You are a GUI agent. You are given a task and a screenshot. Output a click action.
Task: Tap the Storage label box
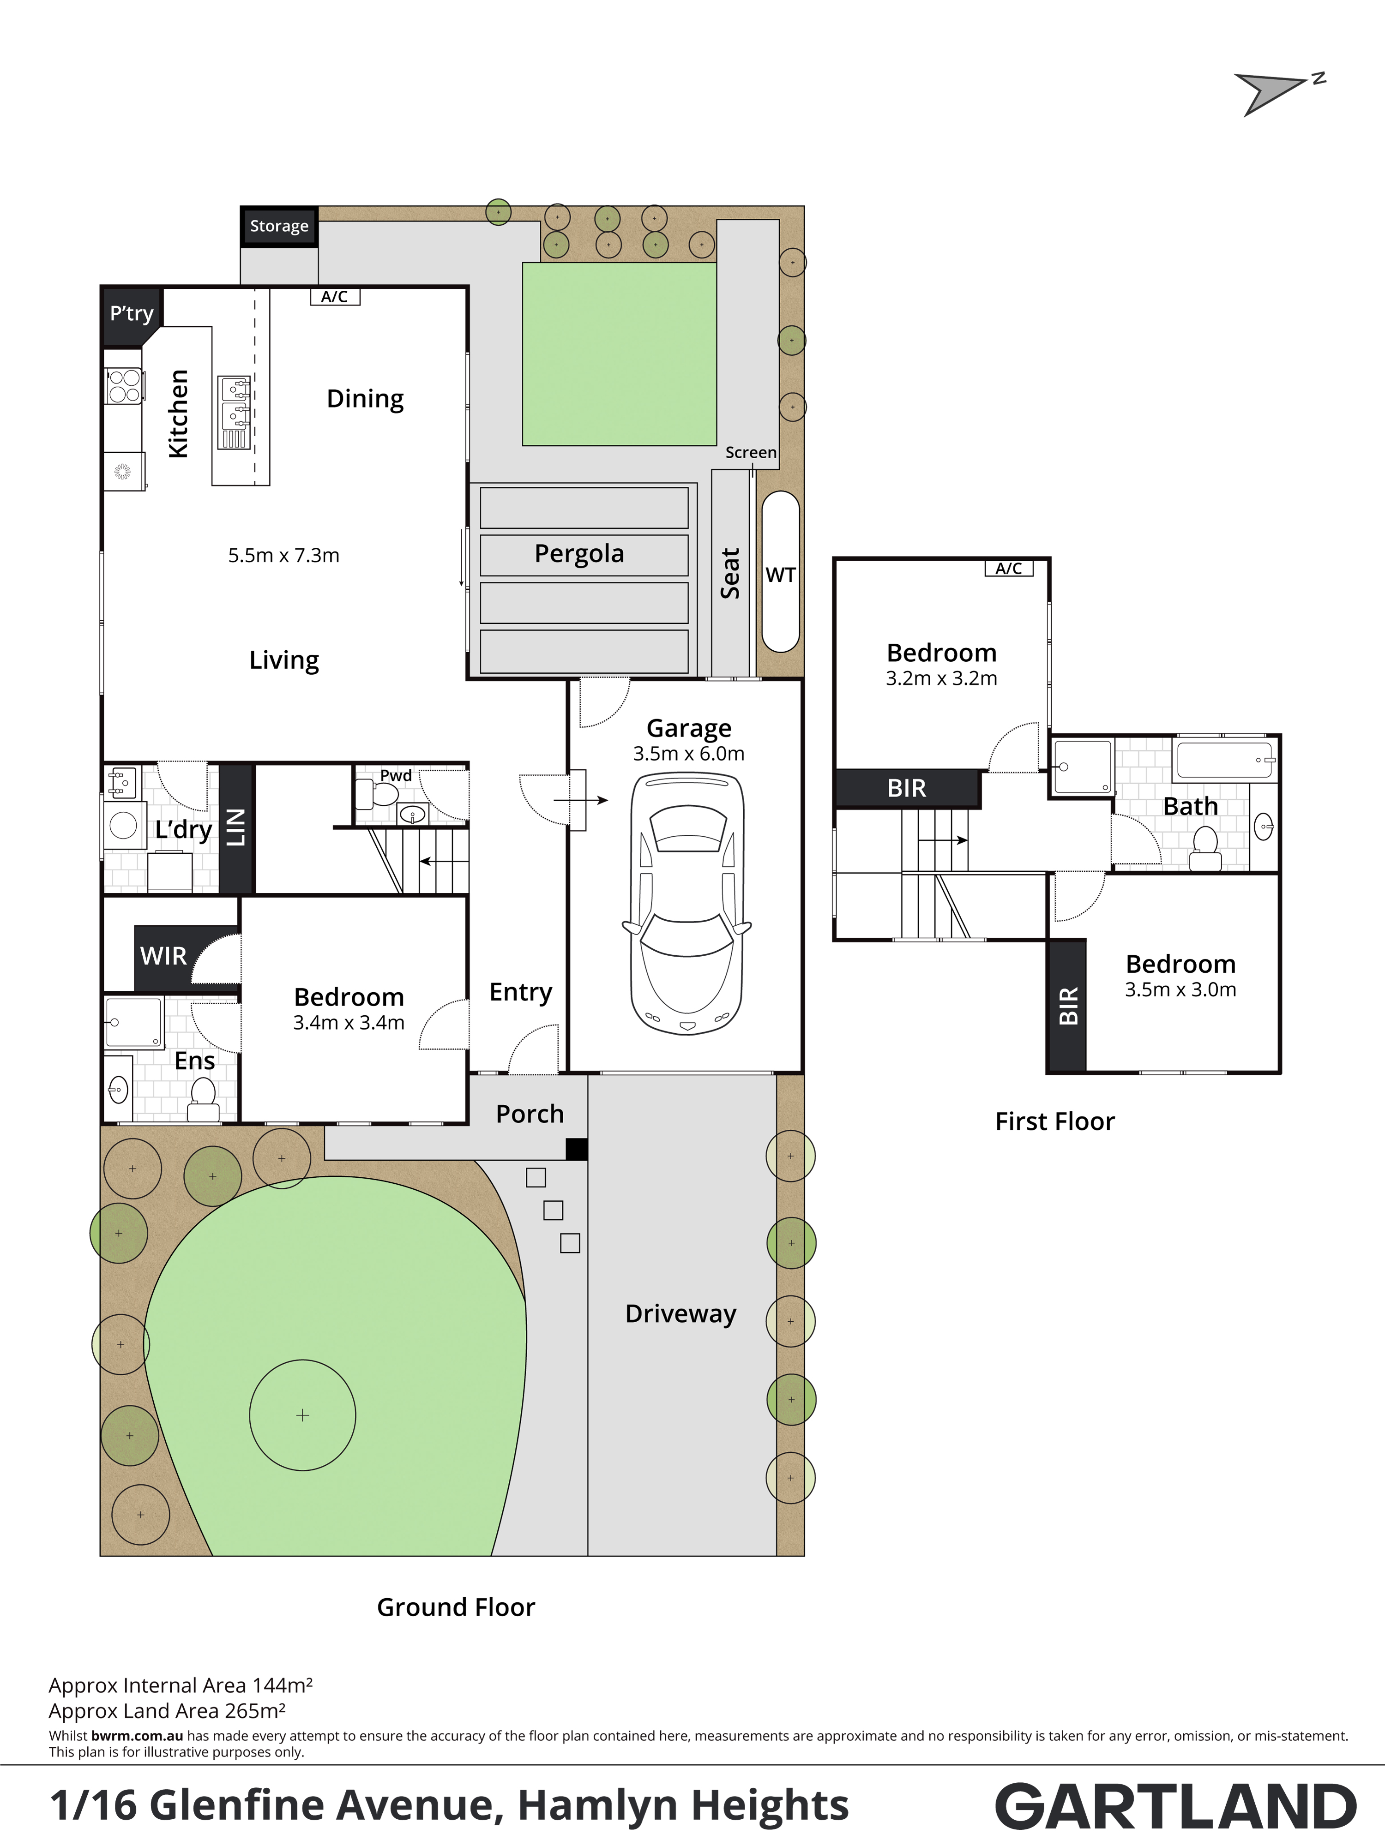coord(279,226)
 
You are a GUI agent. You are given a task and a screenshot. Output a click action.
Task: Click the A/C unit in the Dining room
coord(335,296)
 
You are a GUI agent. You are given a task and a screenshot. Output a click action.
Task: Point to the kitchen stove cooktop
coord(124,386)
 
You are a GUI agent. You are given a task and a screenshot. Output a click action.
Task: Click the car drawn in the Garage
coord(687,904)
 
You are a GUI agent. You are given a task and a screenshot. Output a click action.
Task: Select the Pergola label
coord(579,554)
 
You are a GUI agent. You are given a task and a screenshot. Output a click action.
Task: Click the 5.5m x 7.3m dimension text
coord(284,555)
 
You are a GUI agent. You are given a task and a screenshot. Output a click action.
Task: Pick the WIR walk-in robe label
coord(163,956)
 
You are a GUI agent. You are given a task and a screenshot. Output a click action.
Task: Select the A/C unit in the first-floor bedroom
coord(1008,568)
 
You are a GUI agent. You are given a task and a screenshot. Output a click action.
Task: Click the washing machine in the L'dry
coord(124,825)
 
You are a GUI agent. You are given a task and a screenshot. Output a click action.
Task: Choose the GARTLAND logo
coord(1175,1807)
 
